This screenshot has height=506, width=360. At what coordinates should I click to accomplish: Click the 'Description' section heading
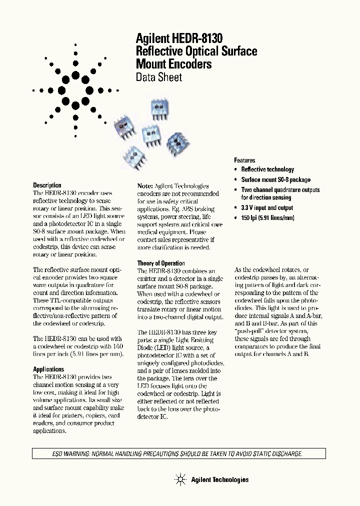click(47, 185)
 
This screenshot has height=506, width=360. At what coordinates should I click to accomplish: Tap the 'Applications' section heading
click(48, 369)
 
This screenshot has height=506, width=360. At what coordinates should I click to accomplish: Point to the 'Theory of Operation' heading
click(161, 263)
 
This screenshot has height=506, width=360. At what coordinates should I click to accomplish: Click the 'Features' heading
click(244, 160)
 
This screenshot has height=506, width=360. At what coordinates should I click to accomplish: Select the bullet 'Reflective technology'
click(267, 169)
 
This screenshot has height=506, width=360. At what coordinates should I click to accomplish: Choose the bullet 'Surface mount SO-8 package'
click(275, 179)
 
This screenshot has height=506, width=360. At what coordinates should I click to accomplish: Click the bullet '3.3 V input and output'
click(267, 207)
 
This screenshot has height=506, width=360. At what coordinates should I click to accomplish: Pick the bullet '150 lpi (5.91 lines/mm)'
click(267, 217)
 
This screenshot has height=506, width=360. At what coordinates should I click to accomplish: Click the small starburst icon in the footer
click(180, 480)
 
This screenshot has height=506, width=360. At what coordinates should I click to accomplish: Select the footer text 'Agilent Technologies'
click(219, 480)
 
